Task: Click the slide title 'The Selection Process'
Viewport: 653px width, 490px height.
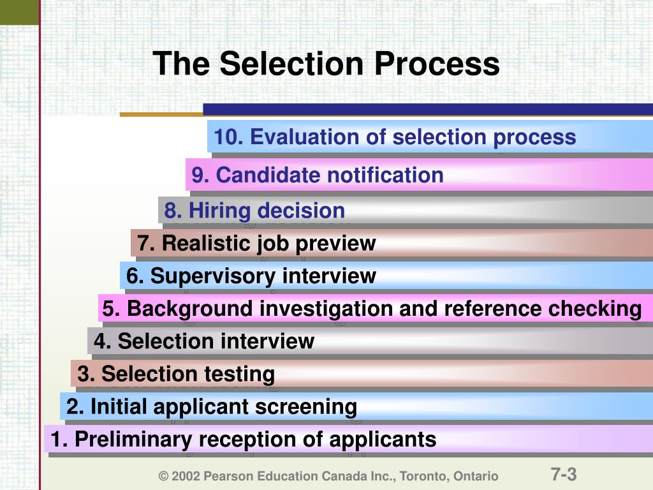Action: [x=326, y=64]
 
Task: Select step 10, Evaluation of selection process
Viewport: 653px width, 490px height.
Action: [x=395, y=137]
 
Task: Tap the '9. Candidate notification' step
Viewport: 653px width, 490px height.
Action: [x=318, y=175]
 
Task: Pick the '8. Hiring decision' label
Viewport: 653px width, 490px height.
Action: [x=254, y=211]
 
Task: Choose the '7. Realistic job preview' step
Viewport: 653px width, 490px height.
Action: [x=256, y=243]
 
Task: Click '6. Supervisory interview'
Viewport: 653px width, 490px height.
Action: [x=251, y=276]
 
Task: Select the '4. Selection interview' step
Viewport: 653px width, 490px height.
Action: [x=204, y=341]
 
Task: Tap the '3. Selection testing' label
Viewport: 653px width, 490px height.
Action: [x=176, y=374]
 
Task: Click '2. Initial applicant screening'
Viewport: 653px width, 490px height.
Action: [x=212, y=406]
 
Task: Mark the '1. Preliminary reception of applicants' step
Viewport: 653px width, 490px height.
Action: [x=244, y=440]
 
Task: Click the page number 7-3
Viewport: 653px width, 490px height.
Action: [x=564, y=475]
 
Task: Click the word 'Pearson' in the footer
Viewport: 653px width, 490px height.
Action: [x=224, y=477]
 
